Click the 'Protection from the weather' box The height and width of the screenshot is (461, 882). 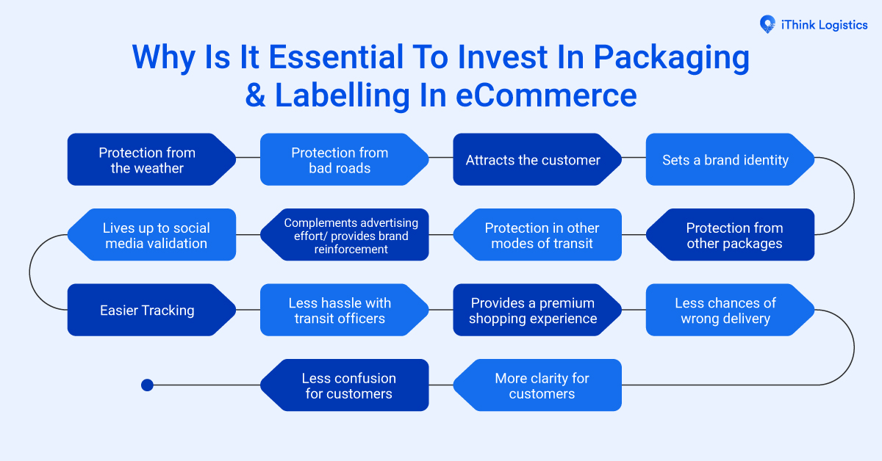click(x=147, y=159)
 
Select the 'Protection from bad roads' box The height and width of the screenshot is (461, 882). click(x=340, y=159)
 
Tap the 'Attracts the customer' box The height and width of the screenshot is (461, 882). click(x=533, y=159)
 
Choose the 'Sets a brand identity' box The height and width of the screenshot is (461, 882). click(x=725, y=159)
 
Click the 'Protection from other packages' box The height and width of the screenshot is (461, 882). click(x=734, y=235)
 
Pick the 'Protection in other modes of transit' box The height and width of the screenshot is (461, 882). click(x=542, y=235)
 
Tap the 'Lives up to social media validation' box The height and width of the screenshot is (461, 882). click(x=156, y=235)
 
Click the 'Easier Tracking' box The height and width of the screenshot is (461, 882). click(x=147, y=310)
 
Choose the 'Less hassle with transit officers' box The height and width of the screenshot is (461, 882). click(x=340, y=310)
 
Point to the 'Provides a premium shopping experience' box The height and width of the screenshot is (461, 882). click(x=533, y=310)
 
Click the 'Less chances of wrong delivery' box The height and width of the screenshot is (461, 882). click(x=725, y=310)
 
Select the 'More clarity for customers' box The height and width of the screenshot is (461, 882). click(x=542, y=385)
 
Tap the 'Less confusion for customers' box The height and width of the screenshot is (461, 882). click(x=349, y=385)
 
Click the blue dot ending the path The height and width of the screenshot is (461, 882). click(x=147, y=385)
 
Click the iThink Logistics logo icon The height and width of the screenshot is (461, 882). click(x=767, y=25)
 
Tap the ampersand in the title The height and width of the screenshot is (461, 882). click(x=255, y=96)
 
